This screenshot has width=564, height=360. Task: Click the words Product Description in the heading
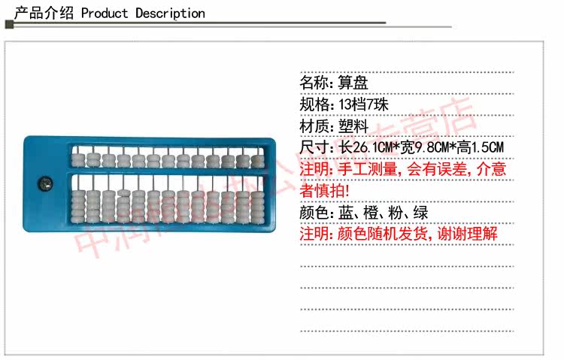[x=143, y=13]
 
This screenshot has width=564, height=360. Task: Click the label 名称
[x=314, y=83]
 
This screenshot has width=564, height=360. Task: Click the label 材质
[x=314, y=126]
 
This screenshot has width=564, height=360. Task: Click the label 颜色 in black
[x=314, y=212]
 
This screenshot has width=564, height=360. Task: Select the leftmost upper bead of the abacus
[x=77, y=159]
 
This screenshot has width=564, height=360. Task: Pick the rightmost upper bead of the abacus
[x=256, y=159]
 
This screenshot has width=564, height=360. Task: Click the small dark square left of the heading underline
[x=9, y=25]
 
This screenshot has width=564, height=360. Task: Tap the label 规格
[x=314, y=104]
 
